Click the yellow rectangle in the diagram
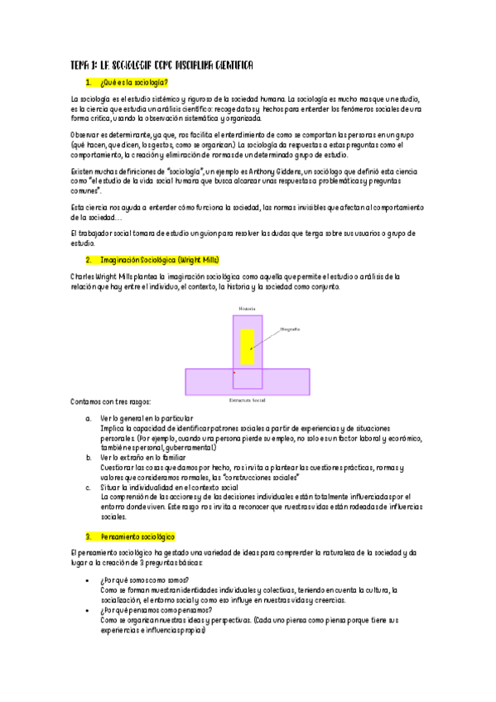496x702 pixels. [248, 346]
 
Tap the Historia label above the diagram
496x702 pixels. [248, 308]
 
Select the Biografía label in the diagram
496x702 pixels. [290, 329]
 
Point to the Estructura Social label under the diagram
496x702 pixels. [248, 400]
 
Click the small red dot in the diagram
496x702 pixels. [234, 373]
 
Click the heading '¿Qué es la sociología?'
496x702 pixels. [133, 82]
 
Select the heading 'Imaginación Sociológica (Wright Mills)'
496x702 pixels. [156, 259]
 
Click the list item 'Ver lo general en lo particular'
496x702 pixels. [147, 419]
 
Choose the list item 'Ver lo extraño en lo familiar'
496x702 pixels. [144, 457]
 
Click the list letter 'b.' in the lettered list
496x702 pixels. [89, 457]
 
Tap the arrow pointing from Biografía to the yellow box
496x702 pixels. [267, 336]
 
